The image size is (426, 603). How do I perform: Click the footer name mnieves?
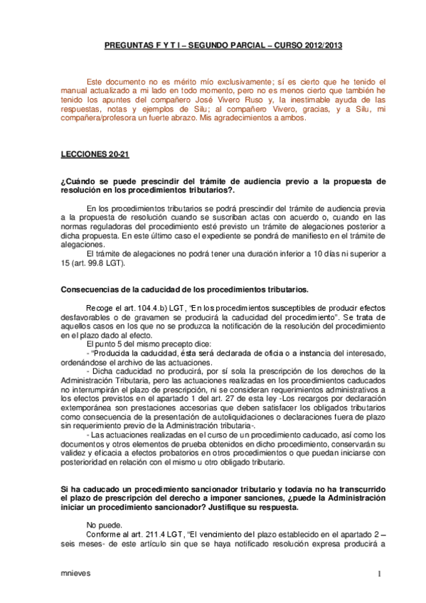coord(75,573)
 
